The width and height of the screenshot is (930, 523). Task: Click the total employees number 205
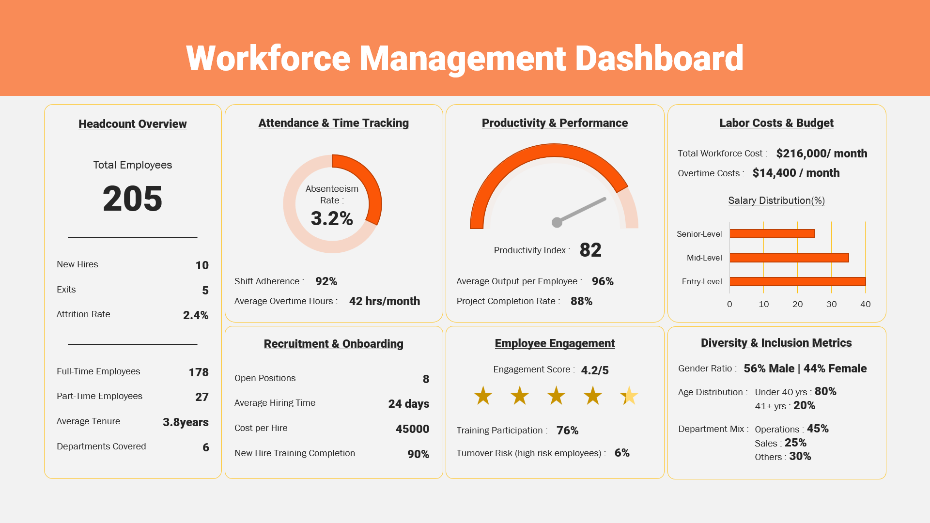(x=132, y=199)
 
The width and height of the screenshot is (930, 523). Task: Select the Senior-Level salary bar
(x=772, y=234)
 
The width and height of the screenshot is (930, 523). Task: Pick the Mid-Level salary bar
(x=789, y=258)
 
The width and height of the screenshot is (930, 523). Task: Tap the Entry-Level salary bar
(x=797, y=281)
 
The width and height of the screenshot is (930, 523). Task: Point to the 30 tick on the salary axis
(x=831, y=304)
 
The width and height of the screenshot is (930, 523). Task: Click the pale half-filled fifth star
(x=629, y=396)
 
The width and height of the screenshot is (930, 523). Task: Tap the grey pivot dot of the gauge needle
(x=557, y=222)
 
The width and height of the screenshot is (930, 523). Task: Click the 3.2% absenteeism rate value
(x=332, y=218)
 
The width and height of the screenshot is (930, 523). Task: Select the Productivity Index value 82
(x=590, y=250)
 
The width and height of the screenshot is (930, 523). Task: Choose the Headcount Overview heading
(x=132, y=124)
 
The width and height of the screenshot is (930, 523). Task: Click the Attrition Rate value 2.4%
(x=196, y=315)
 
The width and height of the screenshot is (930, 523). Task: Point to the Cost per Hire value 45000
(x=412, y=429)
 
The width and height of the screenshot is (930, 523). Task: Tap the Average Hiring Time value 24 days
(x=408, y=404)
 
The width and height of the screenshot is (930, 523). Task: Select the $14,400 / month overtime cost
(x=796, y=173)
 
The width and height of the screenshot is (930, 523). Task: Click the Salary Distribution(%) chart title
(x=776, y=200)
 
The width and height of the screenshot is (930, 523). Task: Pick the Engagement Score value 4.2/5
(x=594, y=370)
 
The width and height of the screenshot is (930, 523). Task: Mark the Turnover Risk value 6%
(x=622, y=453)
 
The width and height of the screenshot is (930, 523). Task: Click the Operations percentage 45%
(x=818, y=429)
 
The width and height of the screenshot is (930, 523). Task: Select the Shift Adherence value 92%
(x=326, y=281)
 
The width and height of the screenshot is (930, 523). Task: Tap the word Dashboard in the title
(x=659, y=59)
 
